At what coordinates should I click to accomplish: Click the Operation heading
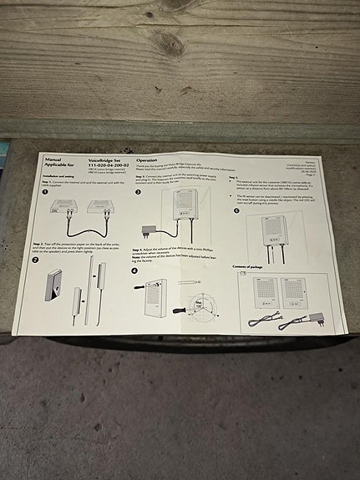point(149,158)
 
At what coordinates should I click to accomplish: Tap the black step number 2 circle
point(34,259)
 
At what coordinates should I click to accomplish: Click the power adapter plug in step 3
point(148,229)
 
